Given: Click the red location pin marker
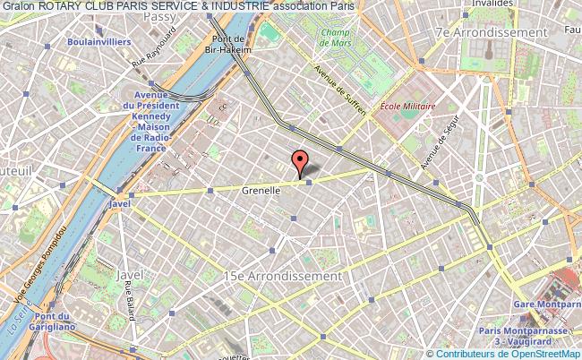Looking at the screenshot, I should coord(300,162).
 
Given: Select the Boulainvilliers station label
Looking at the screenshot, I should coord(98,42).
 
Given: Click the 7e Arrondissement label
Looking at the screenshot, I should coord(490,31).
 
